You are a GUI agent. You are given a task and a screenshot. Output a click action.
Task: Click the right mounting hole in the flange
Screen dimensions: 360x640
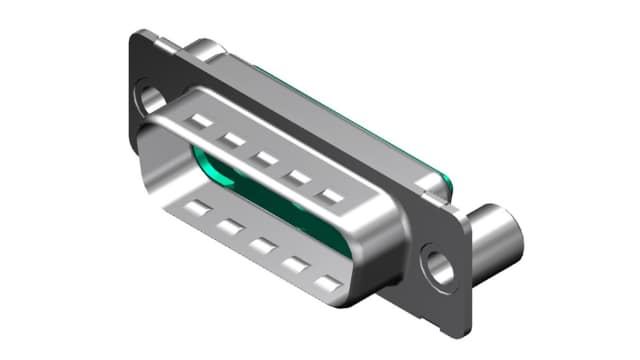point(438,266)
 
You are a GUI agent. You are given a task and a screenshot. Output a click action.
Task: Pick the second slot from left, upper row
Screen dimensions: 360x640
point(232,140)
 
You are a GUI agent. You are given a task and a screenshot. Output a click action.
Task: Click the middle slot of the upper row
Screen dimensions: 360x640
point(264,158)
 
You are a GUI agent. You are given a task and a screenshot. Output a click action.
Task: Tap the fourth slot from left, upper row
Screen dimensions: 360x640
point(296,177)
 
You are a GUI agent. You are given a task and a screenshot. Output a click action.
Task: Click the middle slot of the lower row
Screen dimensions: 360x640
point(262,246)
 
